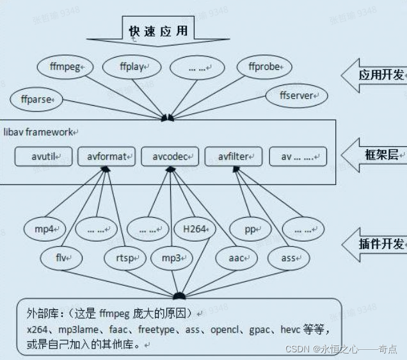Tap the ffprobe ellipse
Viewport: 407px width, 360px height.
pyautogui.click(x=264, y=66)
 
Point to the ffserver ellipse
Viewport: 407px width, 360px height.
pyautogui.click(x=296, y=95)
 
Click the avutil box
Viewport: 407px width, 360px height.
pyautogui.click(x=44, y=156)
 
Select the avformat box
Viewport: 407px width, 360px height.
pyautogui.click(x=106, y=156)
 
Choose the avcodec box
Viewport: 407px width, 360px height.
pyautogui.click(x=170, y=156)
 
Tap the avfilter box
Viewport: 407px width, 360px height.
pyautogui.click(x=233, y=156)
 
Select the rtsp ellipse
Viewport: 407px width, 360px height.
pyautogui.click(x=124, y=258)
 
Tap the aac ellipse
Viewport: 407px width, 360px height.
pyautogui.click(x=236, y=258)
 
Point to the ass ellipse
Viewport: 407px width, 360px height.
pyautogui.click(x=289, y=258)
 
